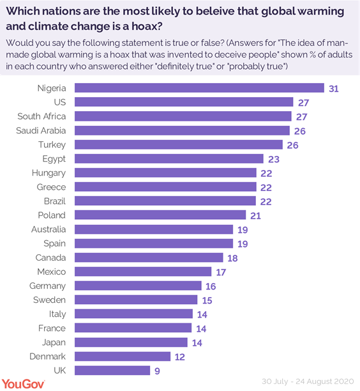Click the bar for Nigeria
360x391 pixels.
(199, 88)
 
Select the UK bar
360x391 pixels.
(112, 370)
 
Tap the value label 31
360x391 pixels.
(333, 88)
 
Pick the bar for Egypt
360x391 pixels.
(169, 158)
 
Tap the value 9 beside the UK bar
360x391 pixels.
(158, 370)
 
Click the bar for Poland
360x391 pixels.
(160, 215)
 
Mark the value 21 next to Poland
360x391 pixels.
(255, 215)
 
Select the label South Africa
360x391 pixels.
(41, 116)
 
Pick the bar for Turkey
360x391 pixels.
(178, 144)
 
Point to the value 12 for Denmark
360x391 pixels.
(181, 356)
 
